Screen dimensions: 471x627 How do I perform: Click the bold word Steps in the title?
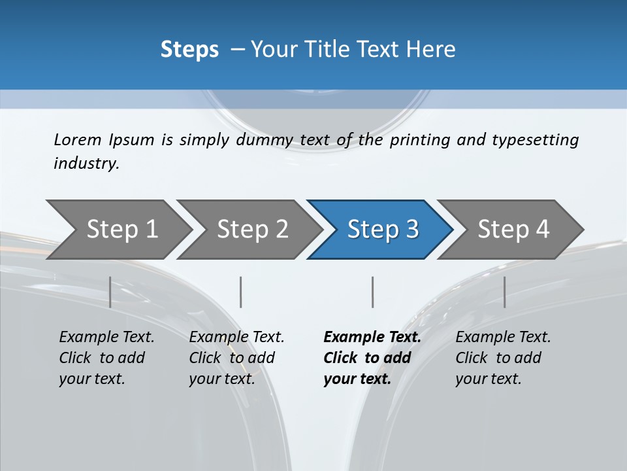pyautogui.click(x=189, y=50)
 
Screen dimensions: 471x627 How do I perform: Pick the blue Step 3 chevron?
pyautogui.click(x=380, y=230)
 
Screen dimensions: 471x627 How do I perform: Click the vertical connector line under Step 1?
pyautogui.click(x=110, y=292)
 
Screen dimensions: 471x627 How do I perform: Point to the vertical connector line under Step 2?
pyautogui.click(x=241, y=292)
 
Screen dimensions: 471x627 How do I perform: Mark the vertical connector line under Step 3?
pyautogui.click(x=373, y=292)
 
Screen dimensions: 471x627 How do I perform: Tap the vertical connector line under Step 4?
pyautogui.click(x=505, y=292)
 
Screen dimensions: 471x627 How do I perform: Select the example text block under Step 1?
pyautogui.click(x=106, y=358)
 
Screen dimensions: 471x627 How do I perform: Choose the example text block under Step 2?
pyautogui.click(x=236, y=358)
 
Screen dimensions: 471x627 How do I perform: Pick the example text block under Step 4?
pyautogui.click(x=502, y=358)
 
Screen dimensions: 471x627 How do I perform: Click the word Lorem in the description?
pyautogui.click(x=78, y=140)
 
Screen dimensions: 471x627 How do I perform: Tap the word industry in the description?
pyautogui.click(x=86, y=164)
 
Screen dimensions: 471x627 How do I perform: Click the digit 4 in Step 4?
pyautogui.click(x=543, y=230)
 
